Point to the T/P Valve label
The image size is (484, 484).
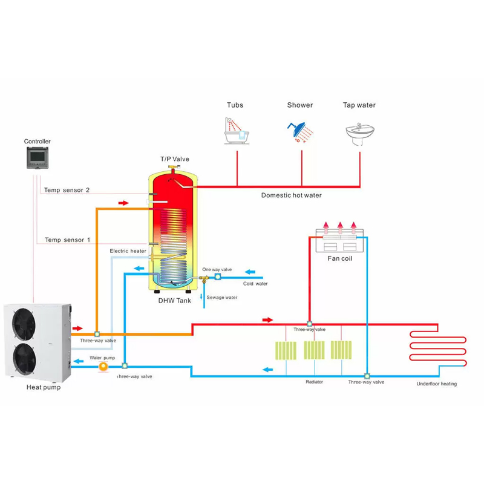pos(175,159)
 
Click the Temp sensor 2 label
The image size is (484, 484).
pos(67,190)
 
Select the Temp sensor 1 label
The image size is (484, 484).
pos(67,240)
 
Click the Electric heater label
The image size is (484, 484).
pos(128,251)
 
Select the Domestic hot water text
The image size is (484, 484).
pos(291,195)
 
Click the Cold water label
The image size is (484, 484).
pos(255,284)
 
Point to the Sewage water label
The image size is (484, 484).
pos(222,298)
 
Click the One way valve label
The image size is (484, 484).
pos(217,269)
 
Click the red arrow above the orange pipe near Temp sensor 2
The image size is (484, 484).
pos(123,203)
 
